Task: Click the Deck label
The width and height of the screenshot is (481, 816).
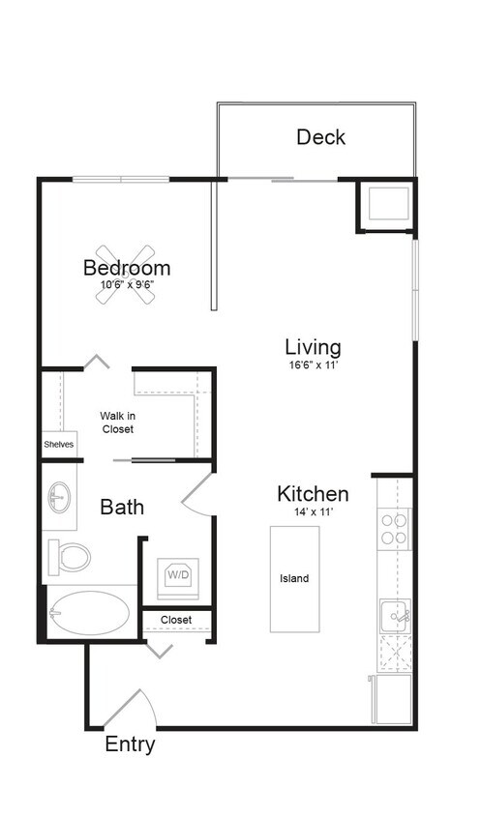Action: coord(320,137)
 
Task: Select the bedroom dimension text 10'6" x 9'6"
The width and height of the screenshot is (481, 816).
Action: coord(128,285)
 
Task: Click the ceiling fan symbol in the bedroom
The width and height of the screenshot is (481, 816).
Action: coord(126,275)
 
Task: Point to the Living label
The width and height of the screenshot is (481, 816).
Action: coord(313,346)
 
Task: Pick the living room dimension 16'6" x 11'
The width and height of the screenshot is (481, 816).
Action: coord(313,365)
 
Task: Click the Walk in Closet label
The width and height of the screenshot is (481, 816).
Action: coord(116,423)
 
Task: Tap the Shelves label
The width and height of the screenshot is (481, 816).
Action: coord(58,445)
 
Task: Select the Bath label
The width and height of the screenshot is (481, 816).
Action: coord(122,506)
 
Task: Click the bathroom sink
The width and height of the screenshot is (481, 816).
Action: coord(58,498)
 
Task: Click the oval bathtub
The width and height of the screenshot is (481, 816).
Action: coord(89,613)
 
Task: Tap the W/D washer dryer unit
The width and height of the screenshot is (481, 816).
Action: coord(178,575)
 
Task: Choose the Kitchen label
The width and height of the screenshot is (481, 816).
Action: coord(313,494)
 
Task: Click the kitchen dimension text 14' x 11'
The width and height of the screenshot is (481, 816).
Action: coord(313,512)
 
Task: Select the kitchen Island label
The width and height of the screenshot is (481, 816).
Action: coord(294,578)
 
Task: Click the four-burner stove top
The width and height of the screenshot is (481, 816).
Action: coord(394,529)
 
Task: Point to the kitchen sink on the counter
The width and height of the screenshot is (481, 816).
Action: coord(394,613)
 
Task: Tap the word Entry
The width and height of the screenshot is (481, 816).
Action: coord(130,744)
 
